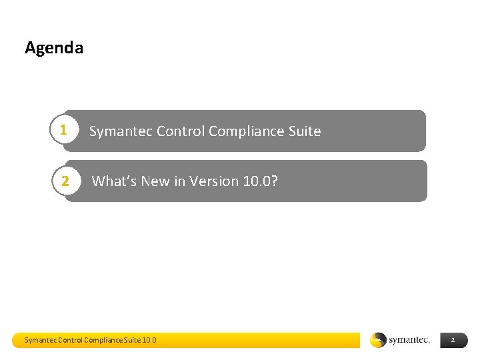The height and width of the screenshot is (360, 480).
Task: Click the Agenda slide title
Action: click(54, 48)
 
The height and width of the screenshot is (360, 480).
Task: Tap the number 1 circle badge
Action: click(63, 130)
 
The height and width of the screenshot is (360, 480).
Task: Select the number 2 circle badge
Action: click(65, 181)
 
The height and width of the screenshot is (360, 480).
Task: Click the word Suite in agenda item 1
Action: click(304, 131)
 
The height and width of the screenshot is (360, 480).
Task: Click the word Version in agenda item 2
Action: click(213, 181)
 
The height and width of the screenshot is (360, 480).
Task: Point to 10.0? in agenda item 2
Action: click(259, 181)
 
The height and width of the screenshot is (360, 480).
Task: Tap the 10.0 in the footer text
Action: click(149, 340)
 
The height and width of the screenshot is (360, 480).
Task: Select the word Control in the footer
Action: click(71, 340)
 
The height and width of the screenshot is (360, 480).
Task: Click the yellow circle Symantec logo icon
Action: click(378, 340)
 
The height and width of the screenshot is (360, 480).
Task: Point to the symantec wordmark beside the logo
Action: click(409, 340)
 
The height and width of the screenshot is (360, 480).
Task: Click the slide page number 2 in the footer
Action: click(453, 340)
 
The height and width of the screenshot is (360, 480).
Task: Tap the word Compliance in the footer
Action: click(103, 340)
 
